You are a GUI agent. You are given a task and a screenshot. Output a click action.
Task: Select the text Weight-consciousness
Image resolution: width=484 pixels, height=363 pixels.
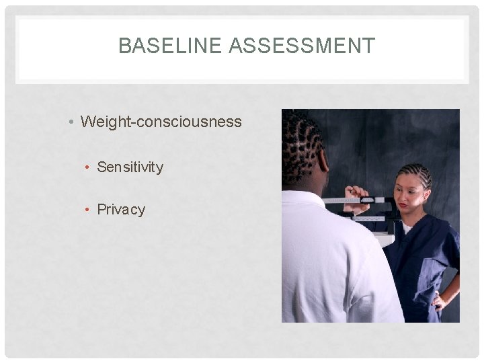161,122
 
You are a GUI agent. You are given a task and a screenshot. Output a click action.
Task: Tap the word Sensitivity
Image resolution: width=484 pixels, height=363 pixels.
130,167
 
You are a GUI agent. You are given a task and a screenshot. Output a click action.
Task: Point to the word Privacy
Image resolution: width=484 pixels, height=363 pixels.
121,209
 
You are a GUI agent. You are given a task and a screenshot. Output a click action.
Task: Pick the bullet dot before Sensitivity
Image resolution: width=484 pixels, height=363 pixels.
88,167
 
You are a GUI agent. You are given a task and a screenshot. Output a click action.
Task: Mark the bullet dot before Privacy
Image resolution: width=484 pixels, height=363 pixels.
88,210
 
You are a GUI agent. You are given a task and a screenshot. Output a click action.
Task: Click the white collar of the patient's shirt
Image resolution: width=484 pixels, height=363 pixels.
302,197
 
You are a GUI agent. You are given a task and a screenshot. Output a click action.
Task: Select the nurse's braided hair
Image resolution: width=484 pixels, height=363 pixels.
415,173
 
